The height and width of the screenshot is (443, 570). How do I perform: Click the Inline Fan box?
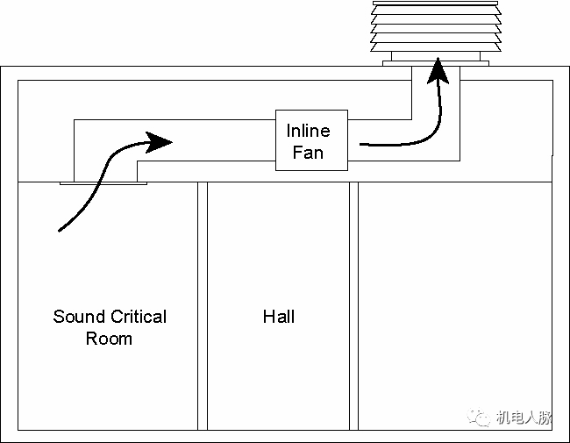(x=311, y=140)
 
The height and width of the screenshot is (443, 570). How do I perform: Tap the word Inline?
(x=308, y=131)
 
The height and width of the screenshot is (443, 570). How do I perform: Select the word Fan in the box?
(x=308, y=153)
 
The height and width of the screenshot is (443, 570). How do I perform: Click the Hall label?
(x=279, y=317)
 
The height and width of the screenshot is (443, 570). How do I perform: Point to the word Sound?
(x=78, y=317)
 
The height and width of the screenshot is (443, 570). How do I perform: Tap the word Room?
(x=109, y=339)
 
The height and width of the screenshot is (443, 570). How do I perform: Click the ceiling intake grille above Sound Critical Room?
(x=103, y=183)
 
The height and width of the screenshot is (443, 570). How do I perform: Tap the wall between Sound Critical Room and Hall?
(x=202, y=307)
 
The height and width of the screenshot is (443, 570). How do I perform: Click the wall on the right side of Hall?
(x=353, y=307)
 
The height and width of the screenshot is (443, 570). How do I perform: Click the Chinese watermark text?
(x=524, y=418)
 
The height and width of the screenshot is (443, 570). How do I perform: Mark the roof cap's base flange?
(x=436, y=62)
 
